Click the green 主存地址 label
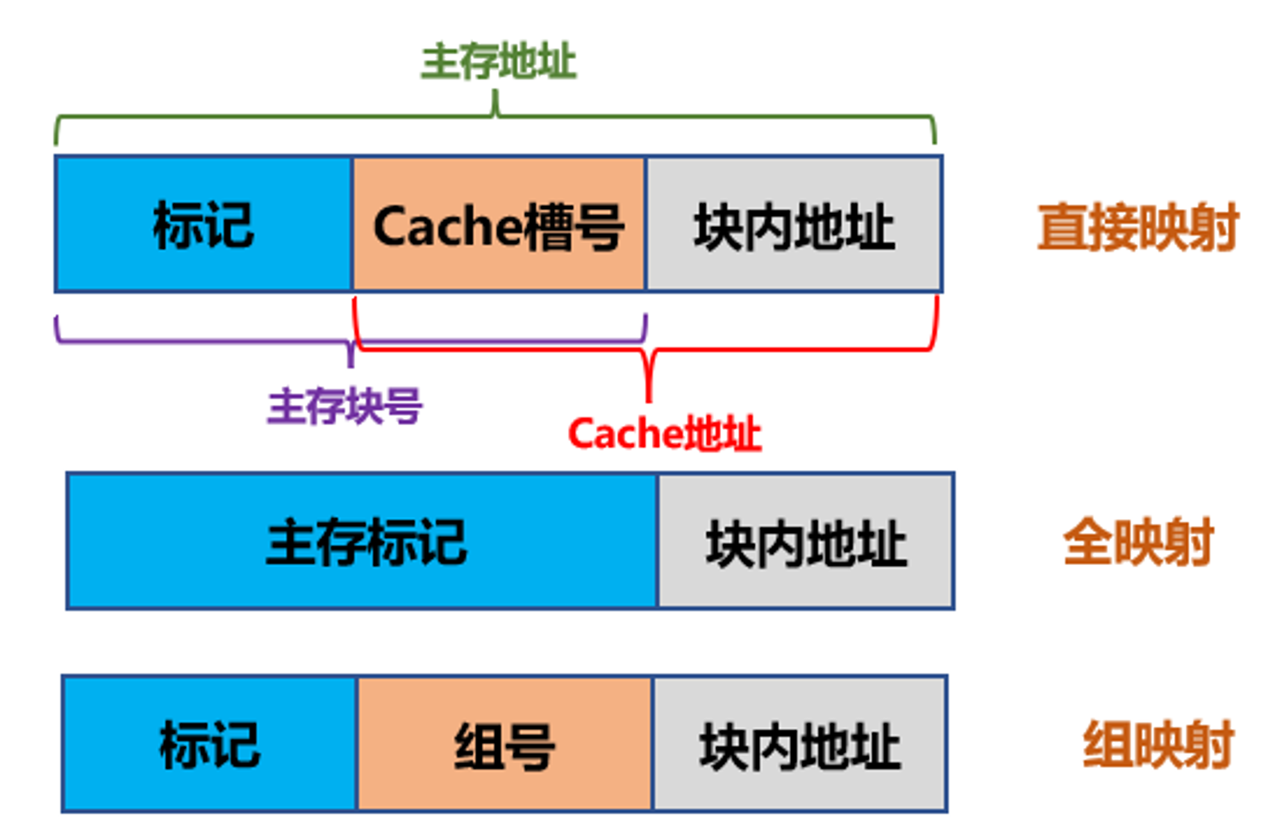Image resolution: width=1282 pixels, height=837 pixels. pos(499,62)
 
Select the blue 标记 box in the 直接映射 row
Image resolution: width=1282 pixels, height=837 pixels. pos(204,224)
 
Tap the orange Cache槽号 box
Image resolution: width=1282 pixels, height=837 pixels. pos(499,224)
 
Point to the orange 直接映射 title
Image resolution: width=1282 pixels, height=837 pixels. pos(1138,227)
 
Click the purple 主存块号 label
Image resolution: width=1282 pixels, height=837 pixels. pos(345,406)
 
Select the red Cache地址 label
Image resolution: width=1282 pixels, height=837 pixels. pos(665,434)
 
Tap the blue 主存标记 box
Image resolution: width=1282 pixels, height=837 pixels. pos(363,541)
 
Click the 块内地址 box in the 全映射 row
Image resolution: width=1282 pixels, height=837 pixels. pos(806,541)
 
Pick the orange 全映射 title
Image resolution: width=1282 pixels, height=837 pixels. pos(1138,542)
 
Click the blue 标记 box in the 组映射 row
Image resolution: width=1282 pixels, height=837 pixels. pos(210,744)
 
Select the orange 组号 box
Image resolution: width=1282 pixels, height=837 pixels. pos(504,744)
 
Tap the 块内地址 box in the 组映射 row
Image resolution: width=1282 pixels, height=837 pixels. pos(800,744)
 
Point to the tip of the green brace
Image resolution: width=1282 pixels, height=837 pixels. pos(495,91)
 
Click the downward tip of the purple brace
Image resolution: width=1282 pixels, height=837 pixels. pos(351,367)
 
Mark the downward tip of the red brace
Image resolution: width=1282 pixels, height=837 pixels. pos(649,402)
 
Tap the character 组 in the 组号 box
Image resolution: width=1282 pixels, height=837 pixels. pos(479,746)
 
